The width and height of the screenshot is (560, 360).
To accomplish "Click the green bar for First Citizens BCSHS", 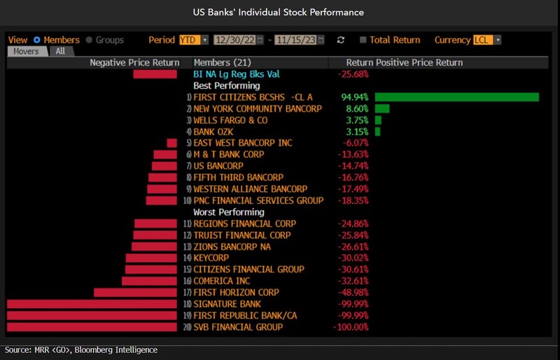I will click(456, 97).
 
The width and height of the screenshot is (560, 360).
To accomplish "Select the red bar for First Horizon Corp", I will click(136, 293).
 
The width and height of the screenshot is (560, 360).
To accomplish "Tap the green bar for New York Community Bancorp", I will click(382, 109).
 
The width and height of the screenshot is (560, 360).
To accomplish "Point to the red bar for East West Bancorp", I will click(171, 143).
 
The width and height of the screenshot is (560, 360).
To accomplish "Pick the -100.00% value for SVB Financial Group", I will click(352, 327).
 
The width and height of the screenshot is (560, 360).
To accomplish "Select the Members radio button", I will click(37, 40).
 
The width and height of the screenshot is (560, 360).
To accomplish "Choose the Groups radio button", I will click(89, 40).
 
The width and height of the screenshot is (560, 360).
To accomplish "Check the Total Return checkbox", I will click(363, 40).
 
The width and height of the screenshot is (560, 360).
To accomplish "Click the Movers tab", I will click(27, 51).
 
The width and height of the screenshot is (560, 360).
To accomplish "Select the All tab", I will click(60, 51).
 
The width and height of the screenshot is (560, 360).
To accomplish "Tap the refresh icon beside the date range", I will click(341, 40).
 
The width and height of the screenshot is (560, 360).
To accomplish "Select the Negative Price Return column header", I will click(134, 62).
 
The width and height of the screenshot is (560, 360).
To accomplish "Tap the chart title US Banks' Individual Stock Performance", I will click(280, 13).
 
